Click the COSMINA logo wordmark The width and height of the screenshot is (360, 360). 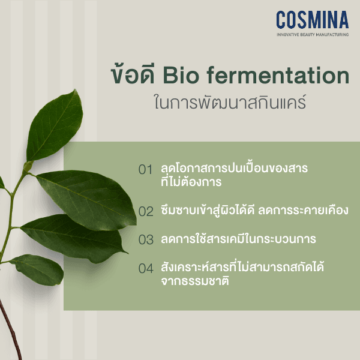312,20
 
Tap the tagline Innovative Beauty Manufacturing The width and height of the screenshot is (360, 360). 312,35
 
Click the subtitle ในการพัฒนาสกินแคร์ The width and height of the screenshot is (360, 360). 230,101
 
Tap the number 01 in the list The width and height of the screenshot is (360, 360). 146,170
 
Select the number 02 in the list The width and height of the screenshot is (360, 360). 146,211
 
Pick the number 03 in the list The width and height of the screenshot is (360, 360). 146,240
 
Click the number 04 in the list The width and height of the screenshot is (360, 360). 146,269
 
